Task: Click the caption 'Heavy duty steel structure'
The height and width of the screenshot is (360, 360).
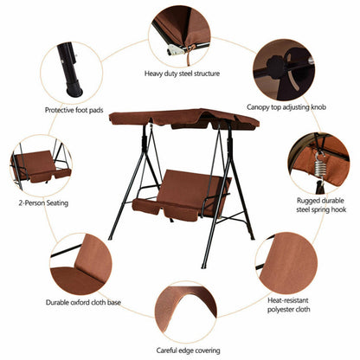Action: tap(182, 74)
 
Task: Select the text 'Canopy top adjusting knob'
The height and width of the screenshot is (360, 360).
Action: tap(286, 108)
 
